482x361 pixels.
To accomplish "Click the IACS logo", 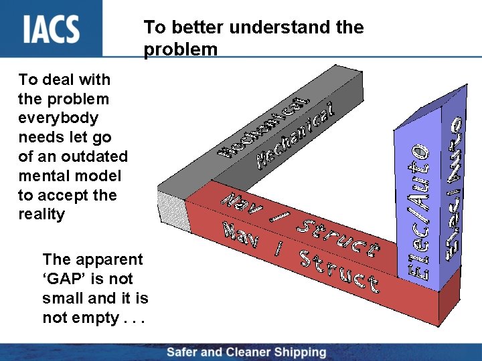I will click(52, 28).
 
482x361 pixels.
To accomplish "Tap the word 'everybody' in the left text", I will click(58, 118).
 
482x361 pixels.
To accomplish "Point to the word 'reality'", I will click(42, 215).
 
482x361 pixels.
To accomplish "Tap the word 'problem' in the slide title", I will click(180, 49).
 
